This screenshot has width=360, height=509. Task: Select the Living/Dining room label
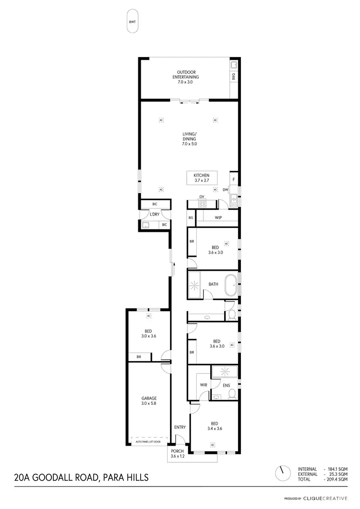[189, 139]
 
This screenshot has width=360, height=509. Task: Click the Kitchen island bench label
[202, 178]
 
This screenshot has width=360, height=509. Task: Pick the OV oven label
[202, 197]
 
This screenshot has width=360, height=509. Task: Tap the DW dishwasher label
[225, 190]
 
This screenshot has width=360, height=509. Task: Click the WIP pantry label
[218, 218]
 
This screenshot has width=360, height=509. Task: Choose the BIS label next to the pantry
[191, 218]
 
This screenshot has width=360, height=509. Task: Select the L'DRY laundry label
[155, 214]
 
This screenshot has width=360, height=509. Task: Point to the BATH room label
[213, 284]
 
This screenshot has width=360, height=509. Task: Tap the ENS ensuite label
[226, 385]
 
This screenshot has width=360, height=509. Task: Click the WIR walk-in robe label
[203, 385]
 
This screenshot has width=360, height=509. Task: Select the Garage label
[149, 401]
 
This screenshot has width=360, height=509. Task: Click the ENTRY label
[180, 427]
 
